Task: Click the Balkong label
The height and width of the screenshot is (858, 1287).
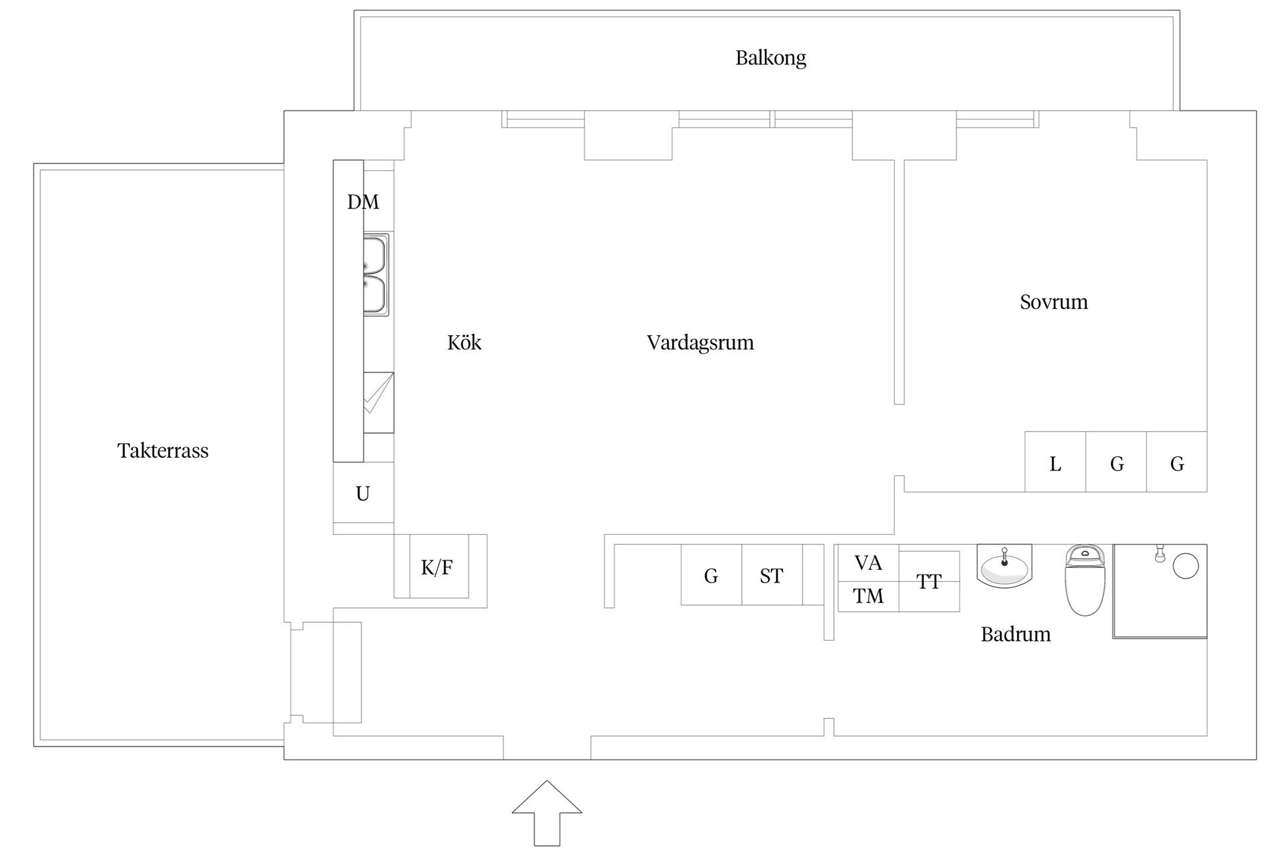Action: pos(770,58)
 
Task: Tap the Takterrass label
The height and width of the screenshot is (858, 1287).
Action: pos(163,450)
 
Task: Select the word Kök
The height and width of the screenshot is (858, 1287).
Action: pos(464,343)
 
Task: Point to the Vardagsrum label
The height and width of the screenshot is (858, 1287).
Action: pos(700,343)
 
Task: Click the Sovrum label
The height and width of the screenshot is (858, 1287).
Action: pos(1053,302)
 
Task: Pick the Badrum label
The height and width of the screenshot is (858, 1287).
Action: pos(1015,634)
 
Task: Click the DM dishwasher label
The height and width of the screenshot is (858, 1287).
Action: pos(363,202)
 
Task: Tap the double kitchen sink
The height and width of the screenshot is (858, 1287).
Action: pos(375,275)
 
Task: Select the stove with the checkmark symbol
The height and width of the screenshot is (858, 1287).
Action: pos(378,402)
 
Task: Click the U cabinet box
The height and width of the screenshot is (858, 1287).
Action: pos(363,493)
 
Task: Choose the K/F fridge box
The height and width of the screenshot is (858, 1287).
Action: pos(438,568)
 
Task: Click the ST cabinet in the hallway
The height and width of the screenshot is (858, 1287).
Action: pos(771,575)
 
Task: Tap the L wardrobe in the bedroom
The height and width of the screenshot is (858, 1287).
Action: pos(1054,463)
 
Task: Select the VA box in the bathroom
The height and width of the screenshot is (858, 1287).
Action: pos(867,563)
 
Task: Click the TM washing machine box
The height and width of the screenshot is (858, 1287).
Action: pos(867,596)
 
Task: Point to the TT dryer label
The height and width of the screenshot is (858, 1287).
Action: pos(928,582)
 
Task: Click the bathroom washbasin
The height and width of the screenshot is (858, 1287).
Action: pos(1003,567)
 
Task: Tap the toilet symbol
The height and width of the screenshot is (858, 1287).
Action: pos(1084,580)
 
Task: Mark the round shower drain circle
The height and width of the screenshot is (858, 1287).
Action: pos(1185,566)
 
